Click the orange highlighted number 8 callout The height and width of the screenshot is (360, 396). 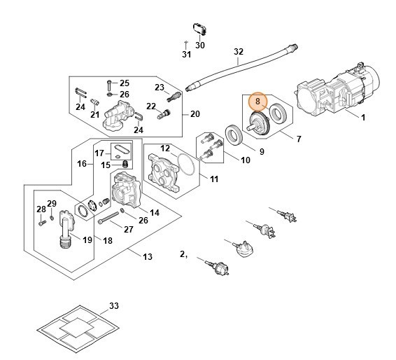click(258, 102)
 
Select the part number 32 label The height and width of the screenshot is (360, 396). click(239, 52)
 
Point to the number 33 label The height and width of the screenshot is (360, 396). click(114, 306)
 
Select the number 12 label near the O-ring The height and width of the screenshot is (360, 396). click(165, 148)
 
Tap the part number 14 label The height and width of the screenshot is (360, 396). click(155, 212)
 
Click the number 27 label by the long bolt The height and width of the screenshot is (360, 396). click(128, 229)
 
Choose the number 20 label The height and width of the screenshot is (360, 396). click(195, 114)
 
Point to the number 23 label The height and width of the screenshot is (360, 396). click(159, 87)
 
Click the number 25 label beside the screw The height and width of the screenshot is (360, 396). click(125, 83)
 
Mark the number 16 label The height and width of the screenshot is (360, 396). click(81, 163)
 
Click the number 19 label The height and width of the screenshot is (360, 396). click(87, 240)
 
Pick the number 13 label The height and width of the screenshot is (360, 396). click(147, 257)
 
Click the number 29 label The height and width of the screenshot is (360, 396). click(51, 204)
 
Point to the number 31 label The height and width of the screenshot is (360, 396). click(186, 55)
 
